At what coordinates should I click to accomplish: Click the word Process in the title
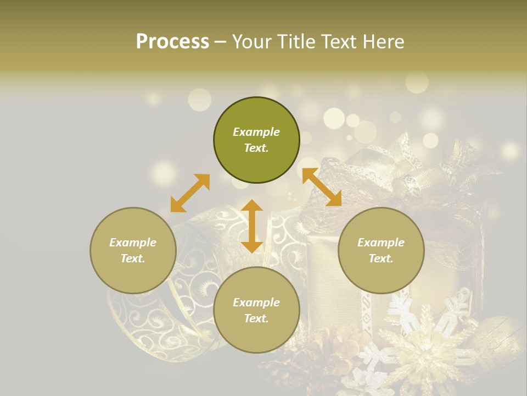click(172, 42)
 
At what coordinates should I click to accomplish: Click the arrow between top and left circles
click(190, 193)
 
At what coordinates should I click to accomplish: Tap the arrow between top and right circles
click(322, 188)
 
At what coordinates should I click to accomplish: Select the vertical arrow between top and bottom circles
click(252, 226)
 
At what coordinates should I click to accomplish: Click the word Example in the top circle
click(256, 132)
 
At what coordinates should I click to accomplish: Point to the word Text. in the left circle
click(133, 258)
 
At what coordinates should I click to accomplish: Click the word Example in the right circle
click(381, 243)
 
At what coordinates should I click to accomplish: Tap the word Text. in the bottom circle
click(256, 318)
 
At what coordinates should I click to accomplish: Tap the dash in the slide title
click(221, 42)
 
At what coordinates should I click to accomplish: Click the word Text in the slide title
click(336, 42)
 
